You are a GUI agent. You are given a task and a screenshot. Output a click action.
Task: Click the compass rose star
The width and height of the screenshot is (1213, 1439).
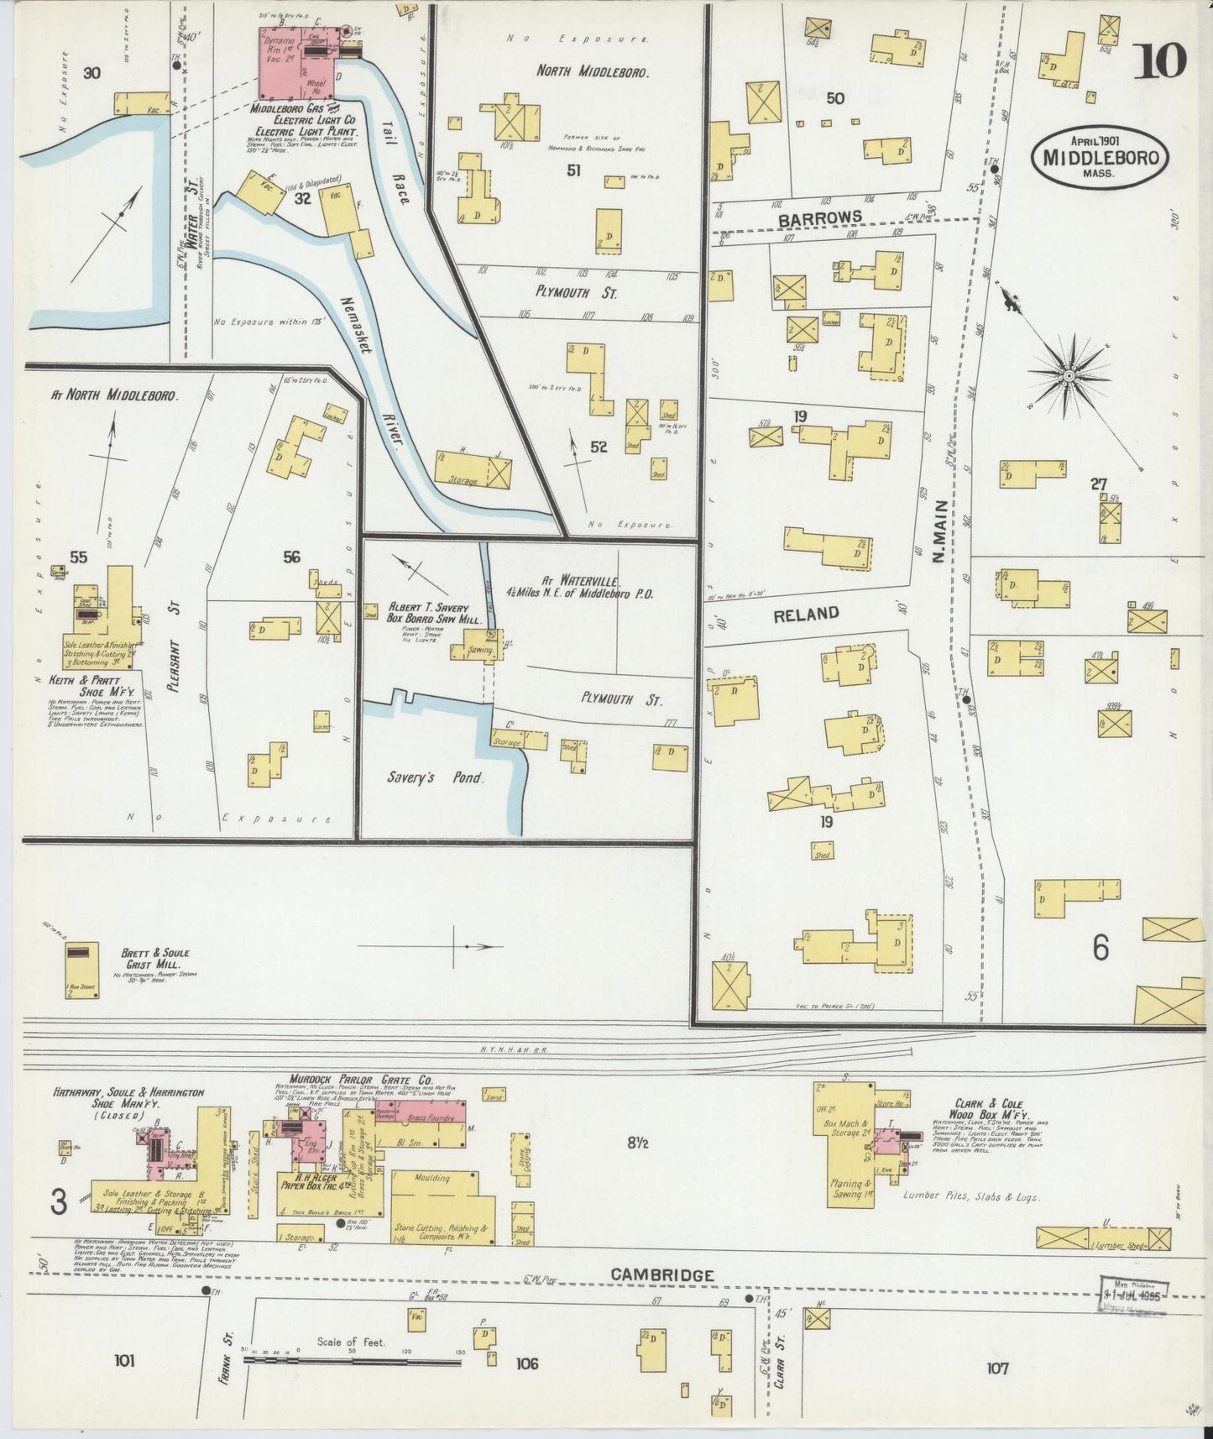pyautogui.click(x=1069, y=375)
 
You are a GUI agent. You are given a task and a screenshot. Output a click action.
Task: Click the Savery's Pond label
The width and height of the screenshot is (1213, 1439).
pyautogui.click(x=435, y=777)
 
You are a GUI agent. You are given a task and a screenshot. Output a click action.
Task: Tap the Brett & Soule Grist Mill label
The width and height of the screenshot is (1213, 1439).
pyautogui.click(x=155, y=958)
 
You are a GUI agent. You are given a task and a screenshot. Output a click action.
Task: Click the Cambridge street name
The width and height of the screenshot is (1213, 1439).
pyautogui.click(x=661, y=1274)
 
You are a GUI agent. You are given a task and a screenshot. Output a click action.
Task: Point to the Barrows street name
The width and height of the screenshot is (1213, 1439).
pyautogui.click(x=819, y=217)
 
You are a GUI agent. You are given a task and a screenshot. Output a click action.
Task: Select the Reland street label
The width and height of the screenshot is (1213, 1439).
pyautogui.click(x=806, y=614)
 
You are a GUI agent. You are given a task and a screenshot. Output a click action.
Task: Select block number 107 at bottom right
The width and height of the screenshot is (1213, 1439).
pyautogui.click(x=996, y=1368)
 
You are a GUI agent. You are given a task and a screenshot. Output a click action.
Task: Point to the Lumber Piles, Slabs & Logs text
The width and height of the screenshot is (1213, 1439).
pyautogui.click(x=971, y=1196)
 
